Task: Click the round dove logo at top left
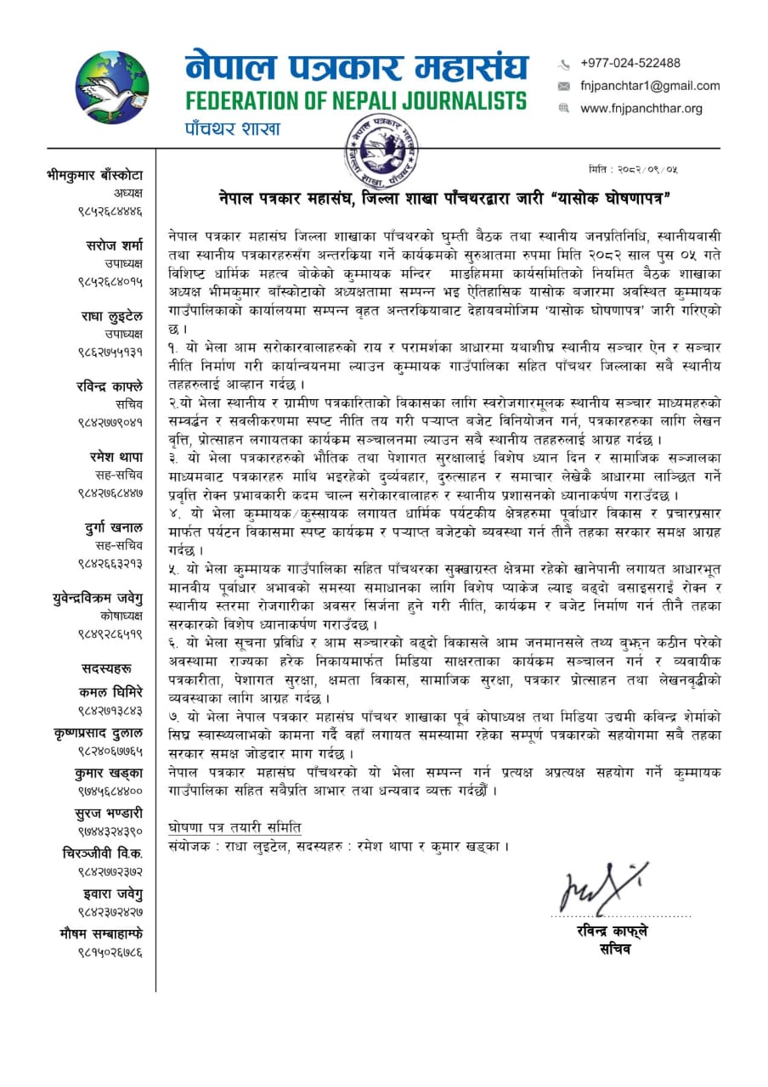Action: click(x=112, y=87)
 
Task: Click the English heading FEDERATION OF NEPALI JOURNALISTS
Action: click(x=356, y=100)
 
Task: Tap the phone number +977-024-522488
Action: click(x=630, y=63)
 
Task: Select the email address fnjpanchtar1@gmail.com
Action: click(x=650, y=86)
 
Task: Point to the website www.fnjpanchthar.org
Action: click(x=641, y=109)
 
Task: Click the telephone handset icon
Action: click(x=563, y=64)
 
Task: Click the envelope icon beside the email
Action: click(x=563, y=87)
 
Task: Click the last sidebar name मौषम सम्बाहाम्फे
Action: click(x=96, y=934)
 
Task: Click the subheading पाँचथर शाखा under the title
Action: click(x=233, y=129)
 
